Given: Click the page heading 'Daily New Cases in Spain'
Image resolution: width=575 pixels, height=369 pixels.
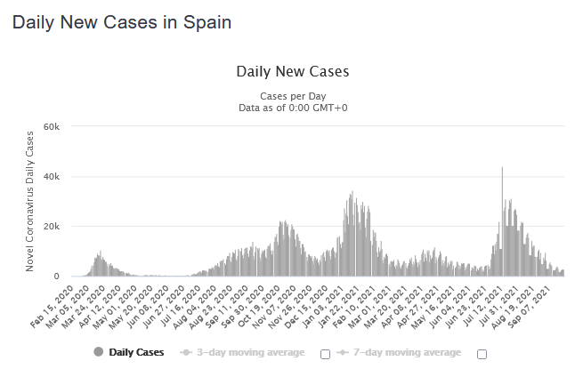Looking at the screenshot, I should (x=122, y=22).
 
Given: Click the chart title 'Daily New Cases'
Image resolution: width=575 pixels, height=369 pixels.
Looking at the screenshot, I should (x=293, y=71).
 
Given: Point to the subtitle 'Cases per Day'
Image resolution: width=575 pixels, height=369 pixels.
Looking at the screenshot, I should (x=293, y=96).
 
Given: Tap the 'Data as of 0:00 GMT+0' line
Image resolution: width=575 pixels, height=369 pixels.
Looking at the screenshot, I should (x=293, y=108).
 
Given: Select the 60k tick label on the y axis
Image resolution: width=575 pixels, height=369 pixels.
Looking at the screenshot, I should (x=51, y=127).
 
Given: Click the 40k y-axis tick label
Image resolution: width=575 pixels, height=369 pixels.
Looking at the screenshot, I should (x=51, y=177).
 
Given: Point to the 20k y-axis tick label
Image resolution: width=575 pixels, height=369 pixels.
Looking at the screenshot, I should (x=51, y=227).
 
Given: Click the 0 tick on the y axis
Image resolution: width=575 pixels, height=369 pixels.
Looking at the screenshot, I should (x=56, y=277).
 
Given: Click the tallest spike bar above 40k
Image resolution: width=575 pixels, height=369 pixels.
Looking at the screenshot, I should (x=502, y=169).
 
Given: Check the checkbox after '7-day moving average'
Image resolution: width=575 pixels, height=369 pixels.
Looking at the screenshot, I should (x=482, y=354).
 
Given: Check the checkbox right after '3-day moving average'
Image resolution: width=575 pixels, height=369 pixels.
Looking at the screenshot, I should (x=325, y=354).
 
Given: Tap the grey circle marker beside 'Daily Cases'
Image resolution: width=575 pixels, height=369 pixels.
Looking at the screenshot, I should (x=98, y=353).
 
